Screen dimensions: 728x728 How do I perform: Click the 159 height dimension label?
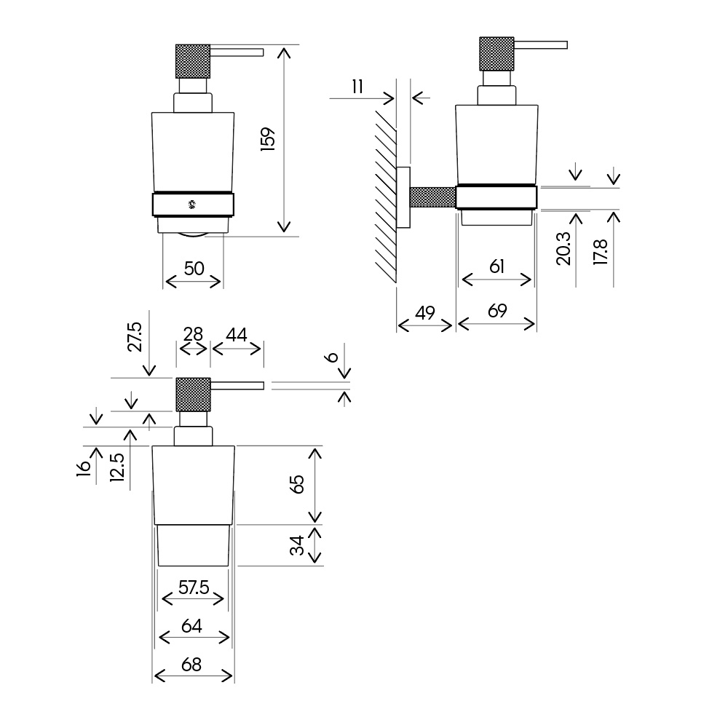point(269,139)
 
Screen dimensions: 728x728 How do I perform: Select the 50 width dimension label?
point(194,269)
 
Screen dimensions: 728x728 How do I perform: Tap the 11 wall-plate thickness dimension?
point(357,87)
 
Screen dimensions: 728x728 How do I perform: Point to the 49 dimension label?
point(425,313)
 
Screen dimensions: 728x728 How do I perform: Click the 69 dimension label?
point(497,311)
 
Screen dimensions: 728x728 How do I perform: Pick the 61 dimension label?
point(496,266)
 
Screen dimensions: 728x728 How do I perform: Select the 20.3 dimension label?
point(563,248)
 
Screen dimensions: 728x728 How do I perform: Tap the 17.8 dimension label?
point(601,252)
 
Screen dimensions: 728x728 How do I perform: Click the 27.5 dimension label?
point(135,336)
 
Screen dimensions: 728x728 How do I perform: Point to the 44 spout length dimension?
point(237,335)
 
